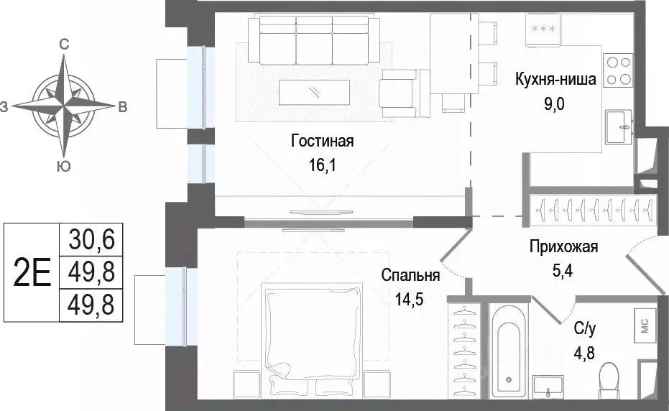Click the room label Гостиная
(x=323, y=141)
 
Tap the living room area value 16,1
(x=323, y=165)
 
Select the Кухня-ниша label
(x=555, y=80)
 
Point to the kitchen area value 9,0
(x=555, y=103)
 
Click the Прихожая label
(x=563, y=248)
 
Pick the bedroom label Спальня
(x=411, y=274)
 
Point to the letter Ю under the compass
(x=63, y=167)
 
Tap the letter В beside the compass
(x=122, y=108)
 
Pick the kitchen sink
(x=618, y=127)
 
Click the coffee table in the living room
(x=315, y=91)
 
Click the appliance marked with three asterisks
(x=543, y=29)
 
